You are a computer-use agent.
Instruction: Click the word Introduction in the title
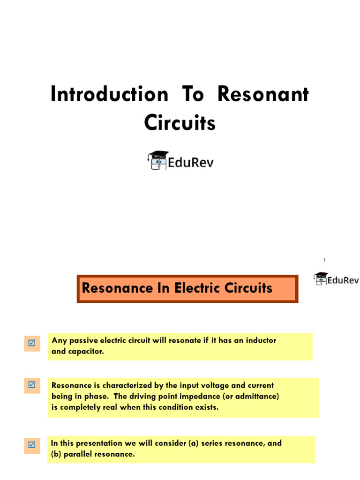point(109,94)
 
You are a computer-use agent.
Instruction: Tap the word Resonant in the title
point(263,94)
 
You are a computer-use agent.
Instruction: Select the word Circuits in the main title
point(180,123)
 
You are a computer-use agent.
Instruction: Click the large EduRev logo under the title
point(180,161)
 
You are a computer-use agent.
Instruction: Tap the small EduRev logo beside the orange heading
point(336,279)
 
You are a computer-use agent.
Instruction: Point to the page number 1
point(324,260)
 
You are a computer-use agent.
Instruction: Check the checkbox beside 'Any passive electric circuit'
point(32,343)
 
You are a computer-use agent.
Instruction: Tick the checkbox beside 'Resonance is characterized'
point(32,385)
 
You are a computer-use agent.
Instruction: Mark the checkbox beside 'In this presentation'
point(32,445)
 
